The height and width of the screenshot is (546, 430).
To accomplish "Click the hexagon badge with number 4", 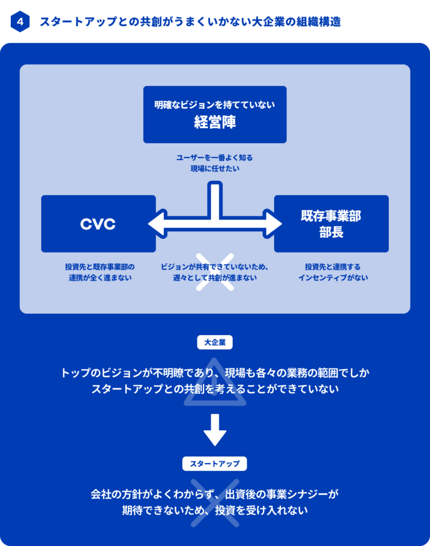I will coord(20,22).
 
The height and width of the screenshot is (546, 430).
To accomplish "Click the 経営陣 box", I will coord(214,114).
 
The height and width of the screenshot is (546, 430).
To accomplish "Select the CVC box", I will coord(98,224).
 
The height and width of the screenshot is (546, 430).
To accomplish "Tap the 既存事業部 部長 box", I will coord(331,224).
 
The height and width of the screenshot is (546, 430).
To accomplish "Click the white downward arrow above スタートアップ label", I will coord(215,429).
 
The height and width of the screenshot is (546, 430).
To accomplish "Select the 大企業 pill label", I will coord(214,343).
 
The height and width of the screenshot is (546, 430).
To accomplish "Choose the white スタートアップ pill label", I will coord(214,463).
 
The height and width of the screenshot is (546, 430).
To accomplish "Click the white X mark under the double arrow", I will coord(215,272).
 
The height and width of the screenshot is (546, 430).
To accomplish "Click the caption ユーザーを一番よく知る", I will coord(214,158).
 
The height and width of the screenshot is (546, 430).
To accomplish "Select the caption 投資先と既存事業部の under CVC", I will coord(100,266).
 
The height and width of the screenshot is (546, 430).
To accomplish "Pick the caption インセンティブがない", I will coord(333,278).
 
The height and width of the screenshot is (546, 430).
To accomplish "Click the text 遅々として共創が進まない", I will coord(214,278).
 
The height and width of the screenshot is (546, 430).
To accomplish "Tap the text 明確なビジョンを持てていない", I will coord(214,105).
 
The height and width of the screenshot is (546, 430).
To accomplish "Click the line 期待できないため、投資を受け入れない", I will coord(214,510).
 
